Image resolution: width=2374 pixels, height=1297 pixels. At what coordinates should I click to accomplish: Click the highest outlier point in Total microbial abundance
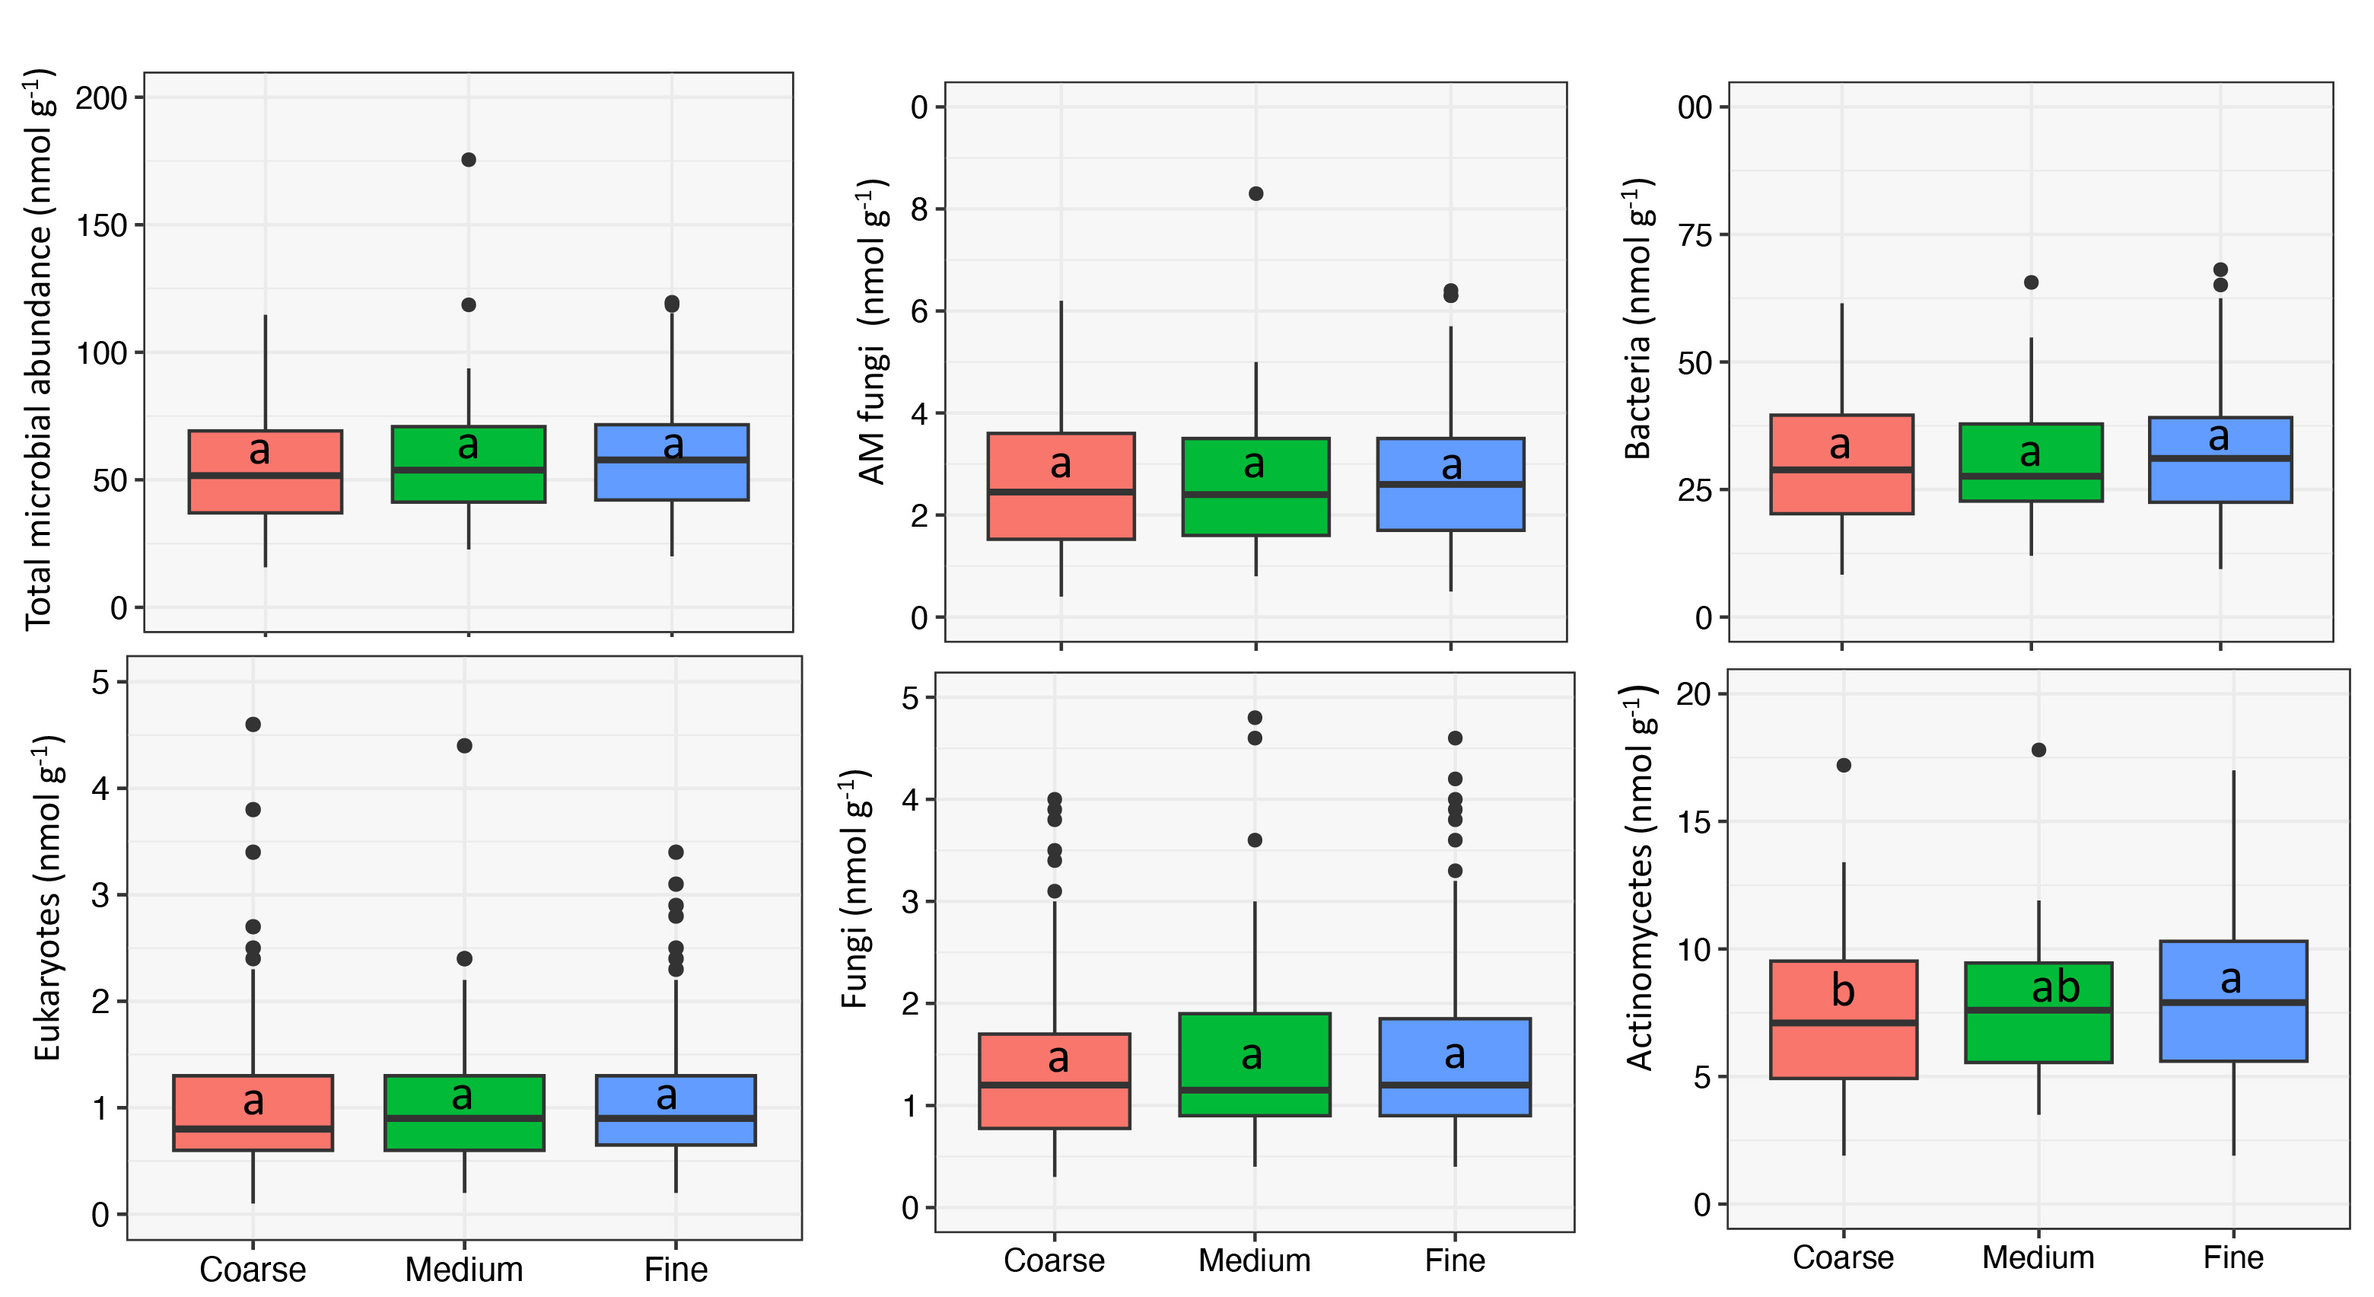[x=468, y=160]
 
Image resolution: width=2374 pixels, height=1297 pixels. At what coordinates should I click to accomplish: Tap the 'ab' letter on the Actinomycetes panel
[x=2055, y=987]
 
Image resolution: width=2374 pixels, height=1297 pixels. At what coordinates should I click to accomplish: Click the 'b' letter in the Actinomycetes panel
[x=1842, y=991]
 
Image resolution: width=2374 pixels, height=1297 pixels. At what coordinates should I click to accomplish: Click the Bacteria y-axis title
[x=1638, y=318]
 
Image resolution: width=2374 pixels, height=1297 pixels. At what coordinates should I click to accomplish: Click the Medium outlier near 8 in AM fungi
[x=1255, y=193]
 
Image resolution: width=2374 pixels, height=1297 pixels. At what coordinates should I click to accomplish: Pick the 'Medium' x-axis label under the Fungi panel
[x=1253, y=1260]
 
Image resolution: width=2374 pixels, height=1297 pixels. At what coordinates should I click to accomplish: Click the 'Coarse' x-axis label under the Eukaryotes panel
[x=253, y=1270]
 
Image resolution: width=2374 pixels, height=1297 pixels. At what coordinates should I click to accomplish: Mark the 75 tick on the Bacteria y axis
[x=1694, y=235]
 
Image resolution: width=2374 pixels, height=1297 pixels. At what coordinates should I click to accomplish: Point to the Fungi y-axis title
[x=856, y=890]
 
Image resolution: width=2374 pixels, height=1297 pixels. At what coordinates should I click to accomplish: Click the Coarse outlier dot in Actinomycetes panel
[x=1843, y=765]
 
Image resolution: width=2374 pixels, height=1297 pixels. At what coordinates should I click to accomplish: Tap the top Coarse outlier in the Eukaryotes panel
[x=253, y=725]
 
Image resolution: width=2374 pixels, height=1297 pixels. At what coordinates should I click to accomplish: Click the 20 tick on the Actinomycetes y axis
[x=1694, y=693]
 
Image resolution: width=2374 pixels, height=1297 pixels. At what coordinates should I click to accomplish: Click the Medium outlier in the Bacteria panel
[x=2030, y=282]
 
